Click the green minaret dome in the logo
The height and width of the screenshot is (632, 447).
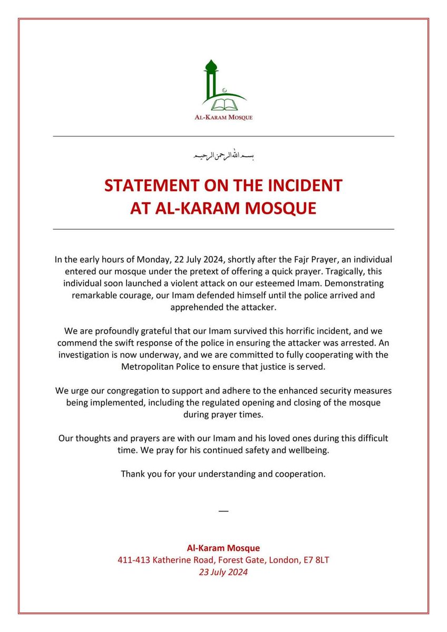[x=211, y=66]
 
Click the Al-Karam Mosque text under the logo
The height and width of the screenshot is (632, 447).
[x=224, y=117]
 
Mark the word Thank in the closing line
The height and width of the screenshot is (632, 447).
[x=132, y=474]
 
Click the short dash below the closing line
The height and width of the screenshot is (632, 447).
[x=224, y=511]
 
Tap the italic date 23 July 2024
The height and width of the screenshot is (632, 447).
[x=224, y=572]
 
